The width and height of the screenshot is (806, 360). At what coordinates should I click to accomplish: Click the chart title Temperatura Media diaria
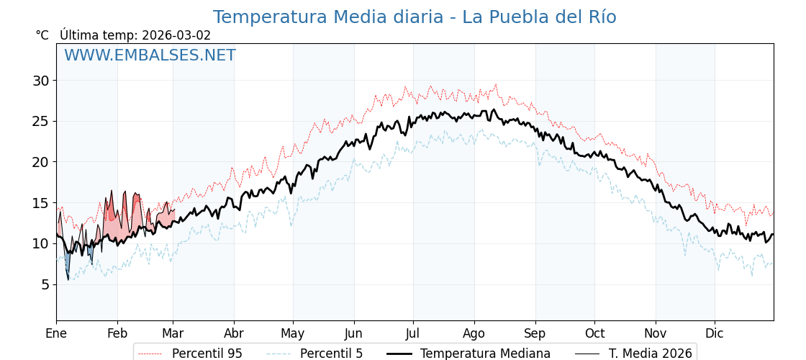tap(414, 17)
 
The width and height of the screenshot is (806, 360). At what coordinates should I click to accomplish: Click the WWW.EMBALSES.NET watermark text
tap(150, 55)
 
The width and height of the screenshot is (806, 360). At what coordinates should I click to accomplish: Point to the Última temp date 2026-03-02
tap(176, 35)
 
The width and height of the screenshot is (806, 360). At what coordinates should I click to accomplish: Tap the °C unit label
tap(42, 35)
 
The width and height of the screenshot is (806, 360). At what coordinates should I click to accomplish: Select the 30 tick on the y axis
tap(40, 81)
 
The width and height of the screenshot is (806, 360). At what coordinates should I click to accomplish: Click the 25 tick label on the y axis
tap(40, 121)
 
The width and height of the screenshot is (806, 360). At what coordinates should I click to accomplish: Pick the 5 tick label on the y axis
tap(45, 284)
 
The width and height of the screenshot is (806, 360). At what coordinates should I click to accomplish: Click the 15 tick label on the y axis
tap(40, 203)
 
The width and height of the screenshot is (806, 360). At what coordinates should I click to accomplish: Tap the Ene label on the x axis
tap(56, 333)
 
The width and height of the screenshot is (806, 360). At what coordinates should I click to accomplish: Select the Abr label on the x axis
tap(234, 333)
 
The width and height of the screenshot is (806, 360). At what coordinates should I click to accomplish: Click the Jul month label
tap(413, 333)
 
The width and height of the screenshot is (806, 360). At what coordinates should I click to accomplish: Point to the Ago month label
tap(474, 333)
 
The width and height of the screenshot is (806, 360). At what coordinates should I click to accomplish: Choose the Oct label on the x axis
tap(594, 333)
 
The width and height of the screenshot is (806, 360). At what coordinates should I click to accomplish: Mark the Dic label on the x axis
tap(715, 333)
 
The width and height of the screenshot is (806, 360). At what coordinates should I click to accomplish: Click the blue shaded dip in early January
tap(67, 261)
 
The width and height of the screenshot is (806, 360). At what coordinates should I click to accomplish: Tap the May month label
tap(293, 333)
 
